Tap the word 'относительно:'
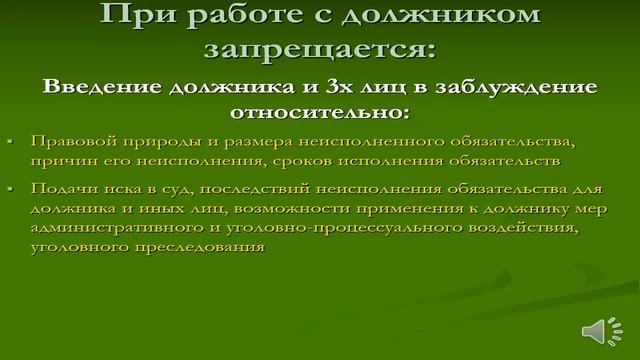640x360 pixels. tap(319, 109)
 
